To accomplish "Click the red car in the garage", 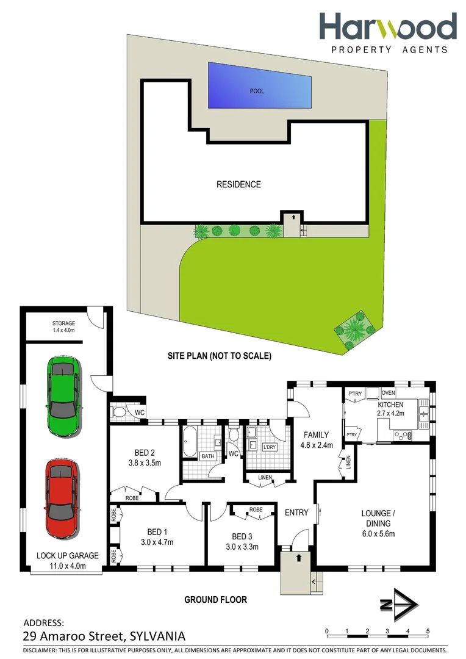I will click(x=62, y=498).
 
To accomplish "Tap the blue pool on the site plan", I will click(x=260, y=85).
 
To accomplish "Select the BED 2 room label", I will click(x=145, y=453).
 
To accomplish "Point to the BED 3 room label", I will click(x=242, y=536).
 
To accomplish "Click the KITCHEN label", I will click(x=390, y=405).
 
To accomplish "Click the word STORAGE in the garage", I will click(x=63, y=323).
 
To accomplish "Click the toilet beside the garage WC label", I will click(x=120, y=413).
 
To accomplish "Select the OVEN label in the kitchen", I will click(x=389, y=392).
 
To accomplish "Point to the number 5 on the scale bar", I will click(x=428, y=631).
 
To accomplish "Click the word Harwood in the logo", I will click(x=388, y=27).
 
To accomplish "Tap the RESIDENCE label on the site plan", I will click(x=239, y=184).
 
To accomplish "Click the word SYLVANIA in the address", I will click(x=156, y=636).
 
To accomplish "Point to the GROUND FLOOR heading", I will click(x=216, y=600).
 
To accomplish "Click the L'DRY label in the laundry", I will click(x=269, y=447).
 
